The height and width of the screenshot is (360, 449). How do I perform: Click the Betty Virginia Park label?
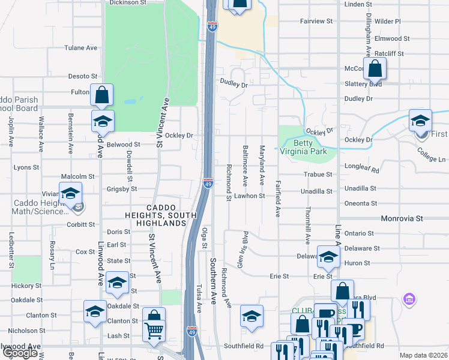click(310, 148)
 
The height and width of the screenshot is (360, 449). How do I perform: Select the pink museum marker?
click(410, 299)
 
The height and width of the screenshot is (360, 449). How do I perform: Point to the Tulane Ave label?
click(81, 48)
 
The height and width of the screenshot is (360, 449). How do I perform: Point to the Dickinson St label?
click(127, 2)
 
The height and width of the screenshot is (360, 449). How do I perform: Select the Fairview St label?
click(316, 21)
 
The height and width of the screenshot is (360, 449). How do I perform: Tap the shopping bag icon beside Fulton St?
click(101, 94)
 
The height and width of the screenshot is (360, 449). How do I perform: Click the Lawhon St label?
click(250, 196)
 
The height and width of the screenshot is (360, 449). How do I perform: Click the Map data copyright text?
click(423, 355)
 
